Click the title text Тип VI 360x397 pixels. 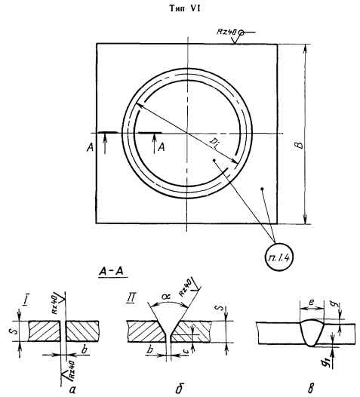[185, 8]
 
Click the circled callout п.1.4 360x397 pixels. [278, 257]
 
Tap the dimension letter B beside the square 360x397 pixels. [300, 145]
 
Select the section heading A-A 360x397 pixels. [112, 272]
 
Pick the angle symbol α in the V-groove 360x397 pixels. [167, 297]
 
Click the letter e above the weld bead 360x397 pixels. [312, 302]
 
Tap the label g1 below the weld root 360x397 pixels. [329, 365]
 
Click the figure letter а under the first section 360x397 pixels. [72, 390]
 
